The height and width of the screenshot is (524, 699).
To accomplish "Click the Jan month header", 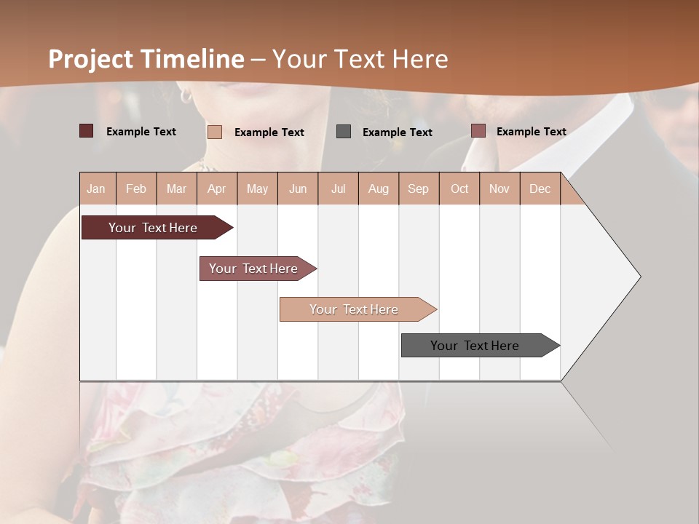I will (97, 188).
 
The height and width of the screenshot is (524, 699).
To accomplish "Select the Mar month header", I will (176, 188).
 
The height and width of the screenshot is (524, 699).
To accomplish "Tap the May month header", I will (257, 188).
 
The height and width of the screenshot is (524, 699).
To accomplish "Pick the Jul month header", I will (338, 188).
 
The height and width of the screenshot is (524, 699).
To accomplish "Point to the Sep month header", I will (418, 188).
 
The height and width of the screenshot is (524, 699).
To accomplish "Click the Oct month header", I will (459, 188).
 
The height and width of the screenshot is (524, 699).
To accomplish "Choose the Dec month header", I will (540, 188).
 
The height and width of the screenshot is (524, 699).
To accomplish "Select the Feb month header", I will (136, 188).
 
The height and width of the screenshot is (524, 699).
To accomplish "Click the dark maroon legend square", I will (87, 131).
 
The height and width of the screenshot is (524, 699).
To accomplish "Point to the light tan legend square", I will (215, 132).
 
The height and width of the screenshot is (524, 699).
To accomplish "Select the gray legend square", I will (344, 132).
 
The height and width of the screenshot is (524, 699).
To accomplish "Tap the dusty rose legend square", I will (478, 131).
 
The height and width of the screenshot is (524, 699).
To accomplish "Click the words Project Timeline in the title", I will (146, 59).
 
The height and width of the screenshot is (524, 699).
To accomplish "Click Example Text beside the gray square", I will (397, 132).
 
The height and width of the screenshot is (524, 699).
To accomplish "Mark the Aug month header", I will (378, 188).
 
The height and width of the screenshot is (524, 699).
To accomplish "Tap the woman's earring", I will (185, 95).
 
